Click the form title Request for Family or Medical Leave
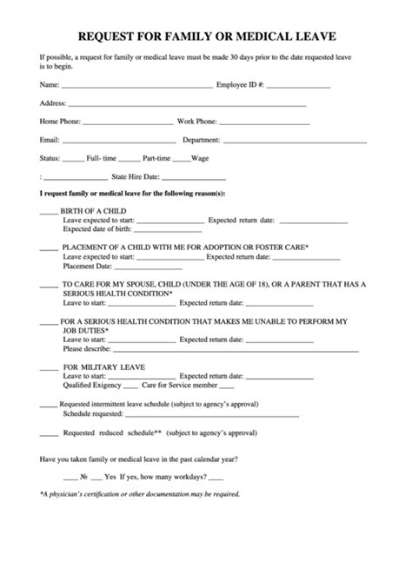coord(206,36)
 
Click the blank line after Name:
coord(136,87)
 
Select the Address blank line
coord(187,104)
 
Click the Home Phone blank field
coord(128,122)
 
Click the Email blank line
coord(117,141)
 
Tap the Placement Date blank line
coord(143,267)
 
